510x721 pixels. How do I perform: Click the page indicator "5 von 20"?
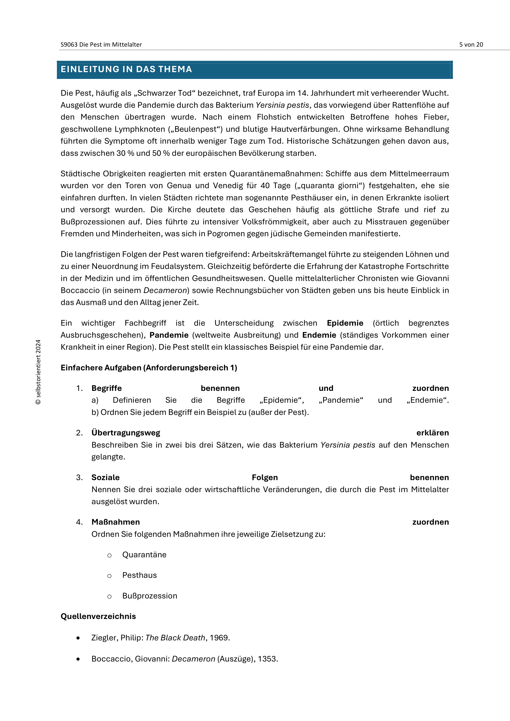[471, 45]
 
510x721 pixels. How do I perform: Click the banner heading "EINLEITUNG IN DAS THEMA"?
[126, 69]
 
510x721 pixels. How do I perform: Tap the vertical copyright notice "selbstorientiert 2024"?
[38, 372]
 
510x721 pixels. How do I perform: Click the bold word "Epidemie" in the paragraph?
[345, 323]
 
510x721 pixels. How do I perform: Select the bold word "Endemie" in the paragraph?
[319, 335]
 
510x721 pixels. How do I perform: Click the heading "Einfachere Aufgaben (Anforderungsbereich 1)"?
[149, 368]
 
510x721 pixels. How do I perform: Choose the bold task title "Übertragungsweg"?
[125, 433]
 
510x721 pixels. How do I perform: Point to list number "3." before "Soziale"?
[80, 477]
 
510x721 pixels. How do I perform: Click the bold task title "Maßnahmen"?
[116, 522]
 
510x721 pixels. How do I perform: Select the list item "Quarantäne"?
[144, 555]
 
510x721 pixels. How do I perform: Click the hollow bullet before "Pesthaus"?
[109, 576]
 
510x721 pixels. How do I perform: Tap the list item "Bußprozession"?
[150, 596]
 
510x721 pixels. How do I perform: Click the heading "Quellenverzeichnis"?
[98, 616]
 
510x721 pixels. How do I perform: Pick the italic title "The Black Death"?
[175, 638]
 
